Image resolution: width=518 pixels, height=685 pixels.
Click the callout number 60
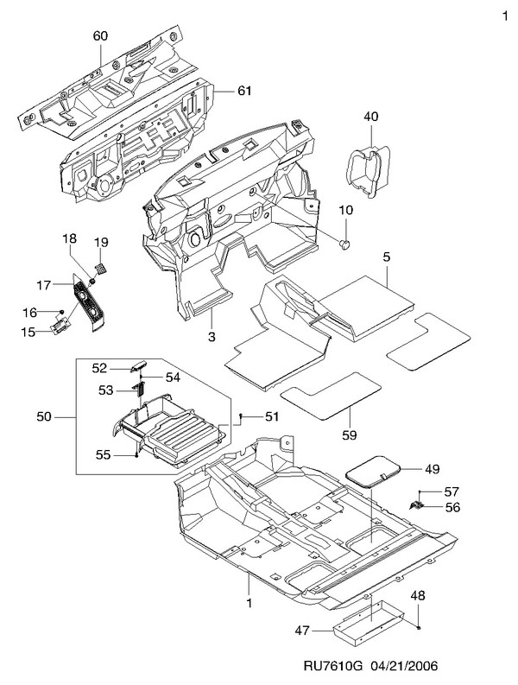[100, 35]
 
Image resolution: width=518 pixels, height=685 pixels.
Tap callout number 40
[371, 116]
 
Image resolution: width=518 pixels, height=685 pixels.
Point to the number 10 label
[346, 211]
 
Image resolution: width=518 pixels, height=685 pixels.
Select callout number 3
[210, 336]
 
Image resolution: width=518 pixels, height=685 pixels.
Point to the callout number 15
[26, 332]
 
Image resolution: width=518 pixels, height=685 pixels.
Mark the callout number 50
[44, 417]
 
